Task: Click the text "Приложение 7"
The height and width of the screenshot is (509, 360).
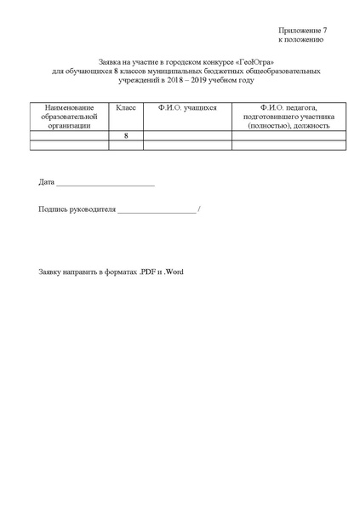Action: [x=302, y=31]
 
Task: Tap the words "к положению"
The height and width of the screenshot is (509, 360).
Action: [x=300, y=40]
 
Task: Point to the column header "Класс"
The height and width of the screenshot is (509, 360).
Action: [x=126, y=108]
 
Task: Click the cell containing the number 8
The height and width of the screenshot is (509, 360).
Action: [x=126, y=135]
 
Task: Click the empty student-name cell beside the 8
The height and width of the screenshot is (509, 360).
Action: [x=187, y=135]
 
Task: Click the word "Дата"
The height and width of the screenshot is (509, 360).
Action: [x=47, y=183]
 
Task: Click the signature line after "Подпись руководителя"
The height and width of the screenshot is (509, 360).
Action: [x=156, y=211]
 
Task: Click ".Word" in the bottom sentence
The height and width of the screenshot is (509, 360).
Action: [x=174, y=272]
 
